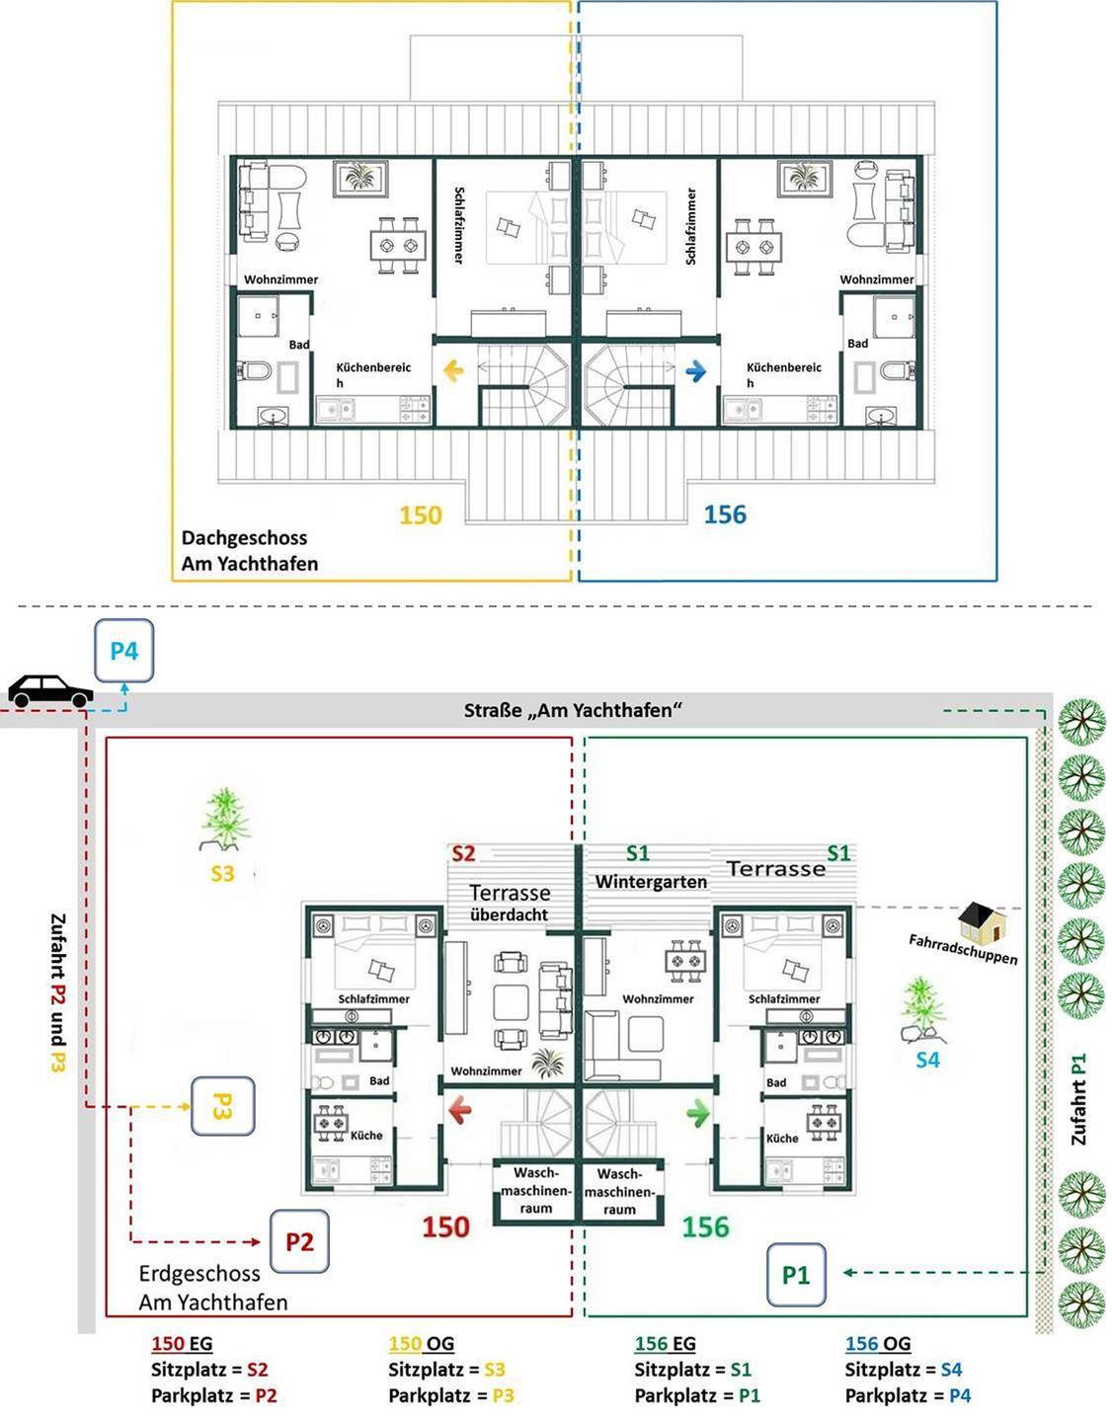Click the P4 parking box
[x=124, y=651]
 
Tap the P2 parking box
[x=299, y=1241]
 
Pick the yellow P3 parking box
[x=222, y=1106]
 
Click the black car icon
[x=50, y=691]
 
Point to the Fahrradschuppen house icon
[x=983, y=922]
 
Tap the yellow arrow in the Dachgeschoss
[x=454, y=371]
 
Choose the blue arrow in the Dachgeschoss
[x=696, y=371]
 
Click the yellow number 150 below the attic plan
[x=421, y=515]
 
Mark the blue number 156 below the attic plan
[x=725, y=514]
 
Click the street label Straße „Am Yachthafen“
[x=573, y=711]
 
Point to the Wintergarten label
[x=651, y=882]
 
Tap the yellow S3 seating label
[x=222, y=874]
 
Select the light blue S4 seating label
[x=927, y=1060]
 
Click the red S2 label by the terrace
[x=463, y=853]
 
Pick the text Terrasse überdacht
[x=510, y=903]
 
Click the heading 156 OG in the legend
[x=878, y=1344]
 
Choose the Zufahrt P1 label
[x=1078, y=1099]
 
